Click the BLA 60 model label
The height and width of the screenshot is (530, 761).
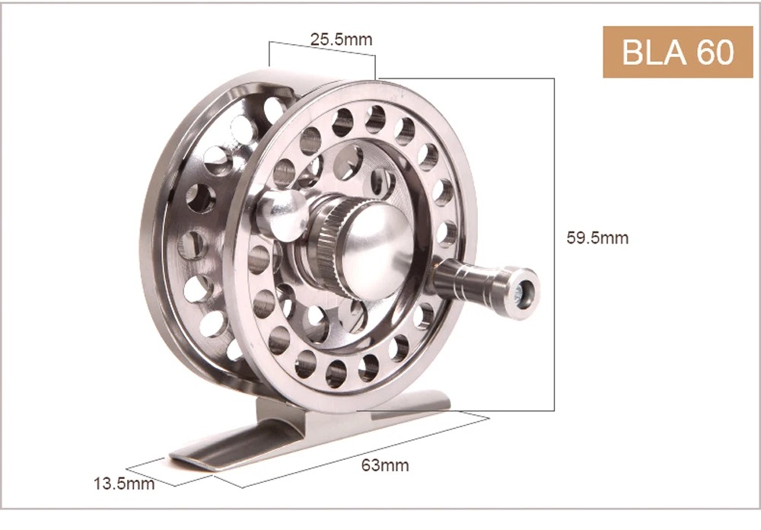[x=677, y=52]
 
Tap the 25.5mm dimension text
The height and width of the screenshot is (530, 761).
[x=342, y=40]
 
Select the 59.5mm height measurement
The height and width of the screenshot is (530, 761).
[x=597, y=238]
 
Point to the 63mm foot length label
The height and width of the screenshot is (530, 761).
[x=385, y=465]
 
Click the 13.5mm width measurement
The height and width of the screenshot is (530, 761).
[x=124, y=484]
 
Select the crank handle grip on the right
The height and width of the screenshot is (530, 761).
[x=486, y=286]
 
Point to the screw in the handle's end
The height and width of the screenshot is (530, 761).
[x=524, y=293]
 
